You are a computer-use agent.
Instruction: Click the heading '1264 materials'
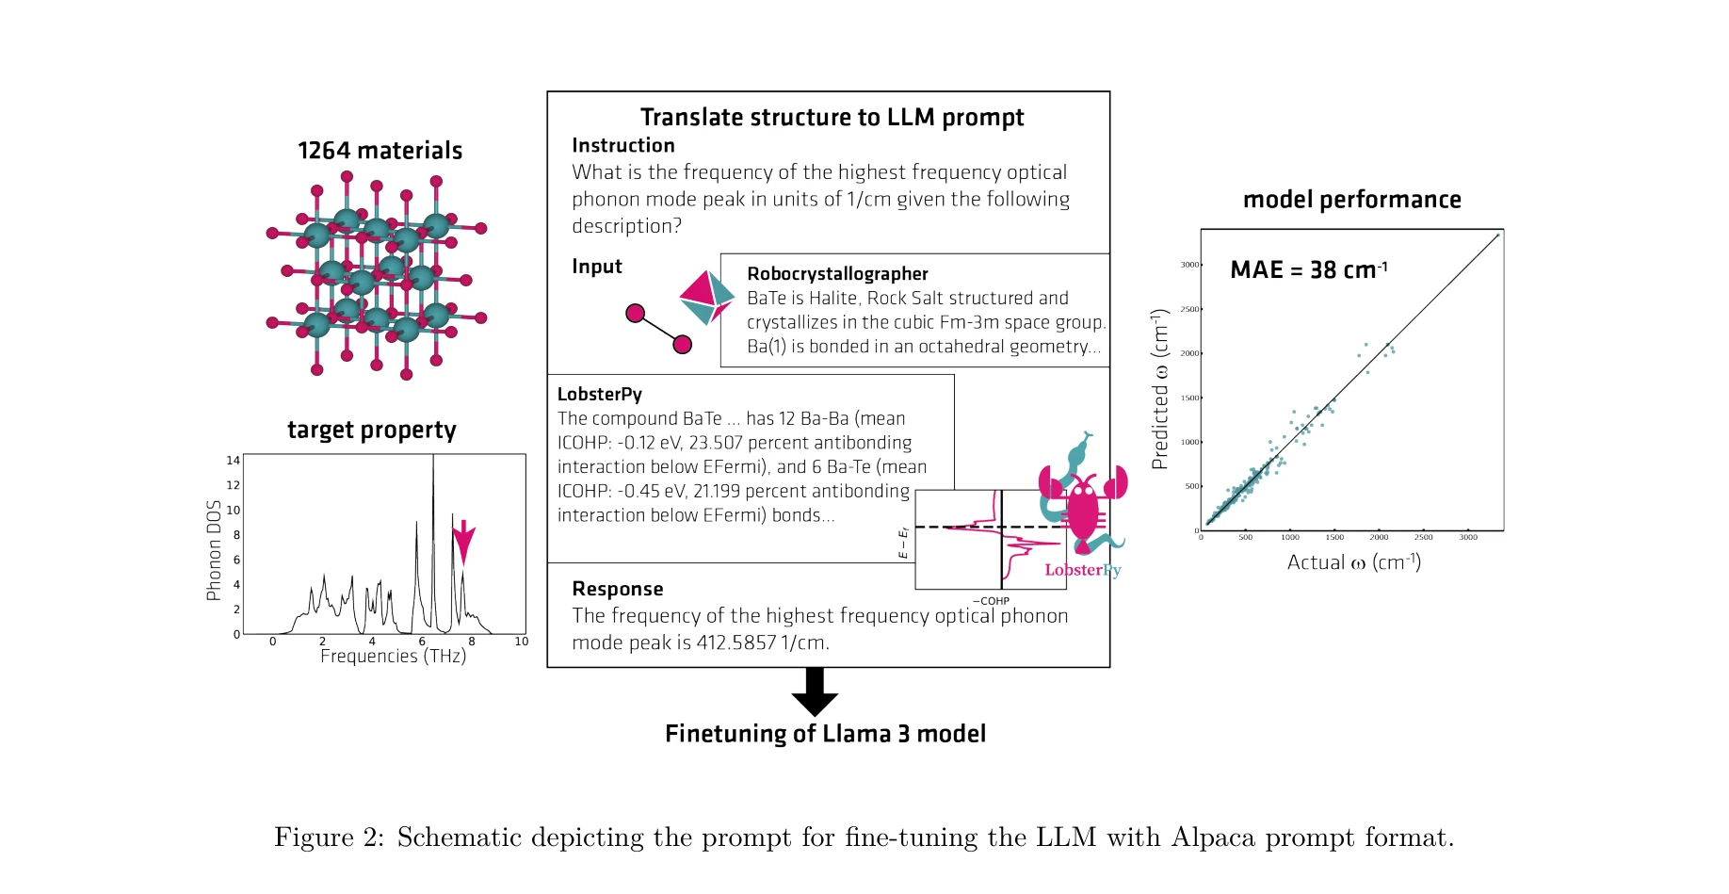point(380,151)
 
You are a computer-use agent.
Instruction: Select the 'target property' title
point(371,431)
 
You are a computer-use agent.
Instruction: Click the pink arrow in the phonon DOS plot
point(463,542)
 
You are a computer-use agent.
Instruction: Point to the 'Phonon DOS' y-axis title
point(214,550)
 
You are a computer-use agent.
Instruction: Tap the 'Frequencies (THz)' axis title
point(393,656)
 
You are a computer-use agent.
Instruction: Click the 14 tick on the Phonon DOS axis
point(233,461)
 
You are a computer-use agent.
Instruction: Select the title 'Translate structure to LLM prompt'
point(832,117)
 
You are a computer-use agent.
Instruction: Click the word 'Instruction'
point(623,145)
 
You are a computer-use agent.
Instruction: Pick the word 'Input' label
point(597,267)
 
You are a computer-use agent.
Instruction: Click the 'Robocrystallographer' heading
point(837,273)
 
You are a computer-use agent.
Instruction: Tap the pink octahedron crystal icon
point(706,298)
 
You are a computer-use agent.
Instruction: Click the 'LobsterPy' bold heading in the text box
point(599,394)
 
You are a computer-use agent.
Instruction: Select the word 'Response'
point(618,589)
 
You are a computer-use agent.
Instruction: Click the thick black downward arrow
point(815,691)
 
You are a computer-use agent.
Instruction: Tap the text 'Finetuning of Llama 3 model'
point(825,734)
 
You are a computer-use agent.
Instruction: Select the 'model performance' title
point(1351,200)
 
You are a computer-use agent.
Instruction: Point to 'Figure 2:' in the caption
point(329,837)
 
